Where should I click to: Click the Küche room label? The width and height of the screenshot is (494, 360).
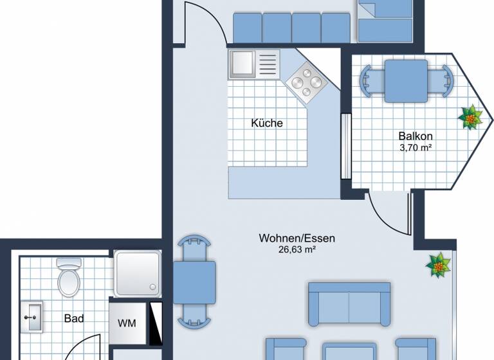(267, 123)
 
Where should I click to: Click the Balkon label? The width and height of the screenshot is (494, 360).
(415, 136)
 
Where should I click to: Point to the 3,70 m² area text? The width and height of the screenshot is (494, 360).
(415, 147)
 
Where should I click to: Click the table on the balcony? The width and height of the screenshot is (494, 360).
(406, 80)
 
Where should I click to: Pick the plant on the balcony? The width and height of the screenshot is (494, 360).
(471, 118)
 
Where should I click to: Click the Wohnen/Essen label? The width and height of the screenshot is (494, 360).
(297, 239)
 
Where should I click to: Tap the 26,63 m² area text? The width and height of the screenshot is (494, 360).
(297, 249)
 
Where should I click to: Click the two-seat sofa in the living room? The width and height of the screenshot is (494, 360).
(349, 303)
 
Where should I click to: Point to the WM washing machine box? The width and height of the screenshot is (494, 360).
(127, 323)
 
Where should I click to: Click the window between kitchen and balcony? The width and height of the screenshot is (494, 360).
(346, 146)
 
